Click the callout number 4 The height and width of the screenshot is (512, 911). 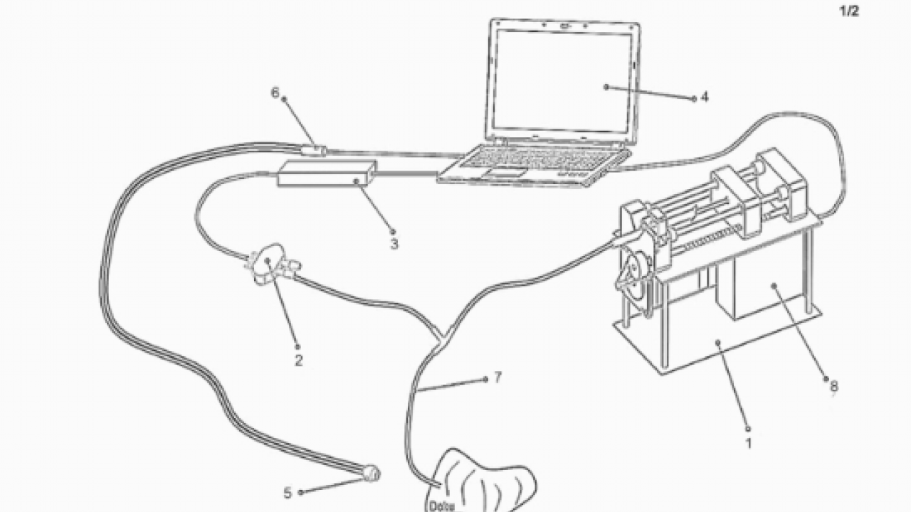[x=704, y=98]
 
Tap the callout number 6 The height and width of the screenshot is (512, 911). [x=275, y=92]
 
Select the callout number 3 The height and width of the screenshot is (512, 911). [x=394, y=244]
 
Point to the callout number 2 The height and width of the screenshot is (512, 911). [x=298, y=361]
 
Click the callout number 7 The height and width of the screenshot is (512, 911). [x=497, y=378]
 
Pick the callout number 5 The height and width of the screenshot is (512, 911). [x=288, y=492]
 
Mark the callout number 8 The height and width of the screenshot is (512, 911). [x=833, y=387]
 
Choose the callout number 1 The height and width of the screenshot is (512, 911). [x=748, y=443]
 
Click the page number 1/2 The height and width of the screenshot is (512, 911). [x=850, y=12]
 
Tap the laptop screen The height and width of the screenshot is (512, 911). [x=563, y=78]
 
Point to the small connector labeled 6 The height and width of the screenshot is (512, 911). [x=314, y=150]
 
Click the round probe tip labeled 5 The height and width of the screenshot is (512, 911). [x=372, y=472]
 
